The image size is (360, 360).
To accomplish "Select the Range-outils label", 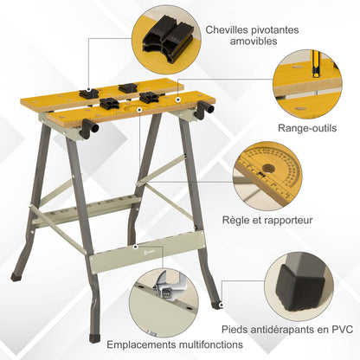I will point(308,126).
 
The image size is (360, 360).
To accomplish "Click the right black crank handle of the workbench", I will point(204,110).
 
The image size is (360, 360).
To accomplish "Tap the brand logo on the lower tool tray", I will point(127,252).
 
